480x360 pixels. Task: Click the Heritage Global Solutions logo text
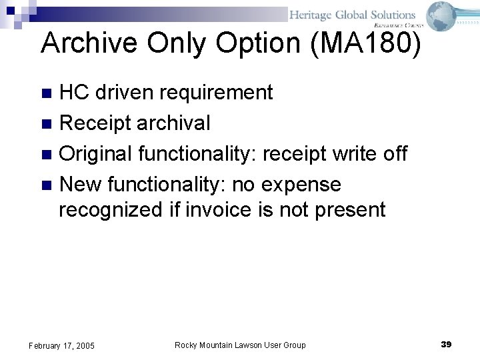coord(352,15)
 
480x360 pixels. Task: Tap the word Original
coord(95,153)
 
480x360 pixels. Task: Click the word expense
coord(301,184)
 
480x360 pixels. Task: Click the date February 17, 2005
coord(61,345)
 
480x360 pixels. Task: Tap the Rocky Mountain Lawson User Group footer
coord(240,345)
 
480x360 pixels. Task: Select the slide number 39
coord(446,344)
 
